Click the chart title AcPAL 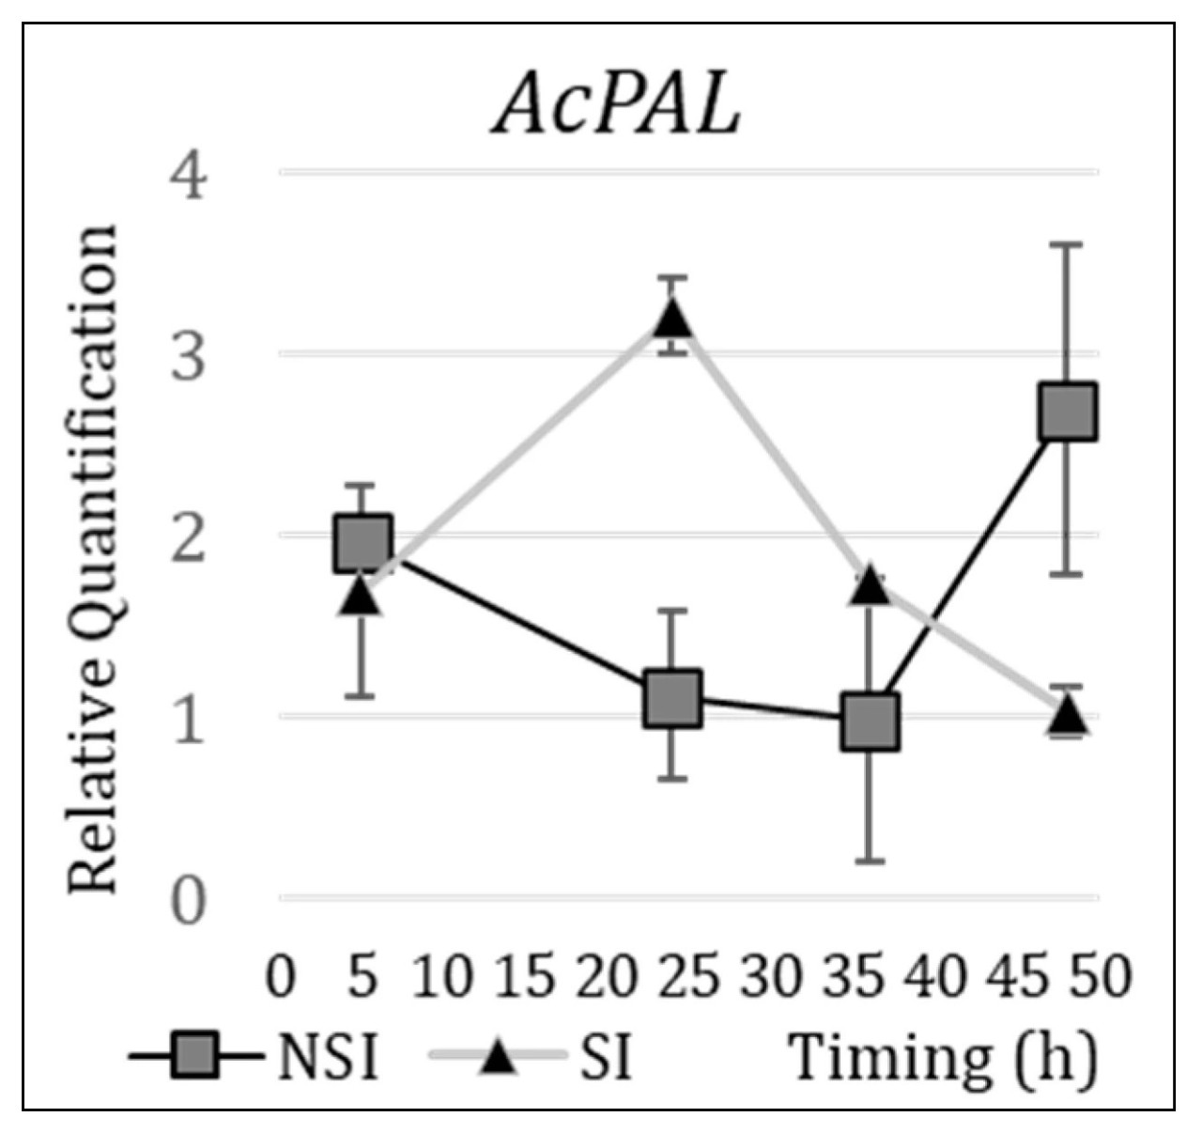coord(618,105)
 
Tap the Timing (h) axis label coord(943,1060)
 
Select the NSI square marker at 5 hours coord(362,543)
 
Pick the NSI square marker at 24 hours coord(672,698)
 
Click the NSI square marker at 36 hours coord(871,722)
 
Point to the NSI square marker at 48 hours coord(1068,411)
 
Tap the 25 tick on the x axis coord(688,977)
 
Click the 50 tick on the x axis coord(1101,977)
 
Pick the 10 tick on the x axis coord(441,977)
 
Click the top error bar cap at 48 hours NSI coord(1068,244)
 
